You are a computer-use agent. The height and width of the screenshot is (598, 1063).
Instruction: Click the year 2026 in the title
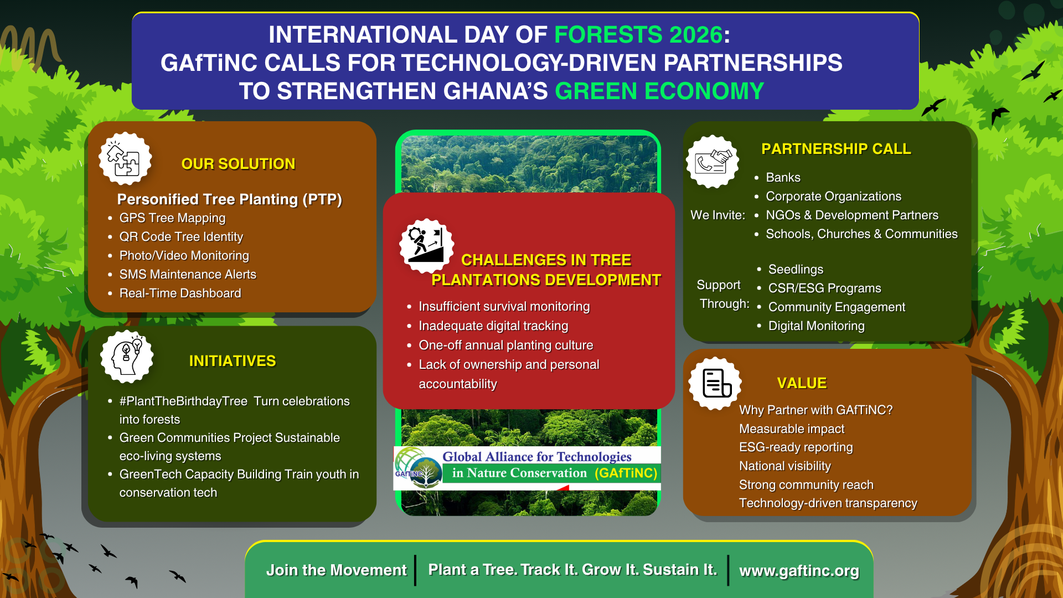(695, 35)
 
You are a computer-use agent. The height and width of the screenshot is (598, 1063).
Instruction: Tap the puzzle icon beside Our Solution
(125, 158)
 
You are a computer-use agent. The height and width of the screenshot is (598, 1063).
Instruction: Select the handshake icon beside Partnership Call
(713, 162)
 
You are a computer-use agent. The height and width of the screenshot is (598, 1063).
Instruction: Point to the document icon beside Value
(715, 383)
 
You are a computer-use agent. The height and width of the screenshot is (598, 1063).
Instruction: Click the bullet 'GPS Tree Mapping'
(172, 218)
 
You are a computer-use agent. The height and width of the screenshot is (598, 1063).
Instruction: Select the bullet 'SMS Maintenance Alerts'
(188, 275)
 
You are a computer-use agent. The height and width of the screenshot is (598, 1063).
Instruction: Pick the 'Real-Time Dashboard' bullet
(180, 293)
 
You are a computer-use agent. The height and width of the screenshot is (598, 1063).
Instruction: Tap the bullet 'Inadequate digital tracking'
(493, 326)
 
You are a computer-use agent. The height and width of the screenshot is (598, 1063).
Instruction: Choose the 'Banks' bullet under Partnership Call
(783, 178)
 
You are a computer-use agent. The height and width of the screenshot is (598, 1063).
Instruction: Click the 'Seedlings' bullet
(796, 270)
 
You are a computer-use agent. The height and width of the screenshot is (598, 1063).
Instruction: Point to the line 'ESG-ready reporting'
(796, 447)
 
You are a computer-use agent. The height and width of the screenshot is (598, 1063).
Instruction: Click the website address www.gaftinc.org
(799, 571)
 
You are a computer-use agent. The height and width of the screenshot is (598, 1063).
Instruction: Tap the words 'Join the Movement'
(336, 570)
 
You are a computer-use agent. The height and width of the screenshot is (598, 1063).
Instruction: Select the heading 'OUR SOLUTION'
(238, 164)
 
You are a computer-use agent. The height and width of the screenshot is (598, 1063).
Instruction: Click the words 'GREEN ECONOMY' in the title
(659, 91)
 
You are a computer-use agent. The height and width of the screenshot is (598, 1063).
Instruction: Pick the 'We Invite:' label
(718, 215)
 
